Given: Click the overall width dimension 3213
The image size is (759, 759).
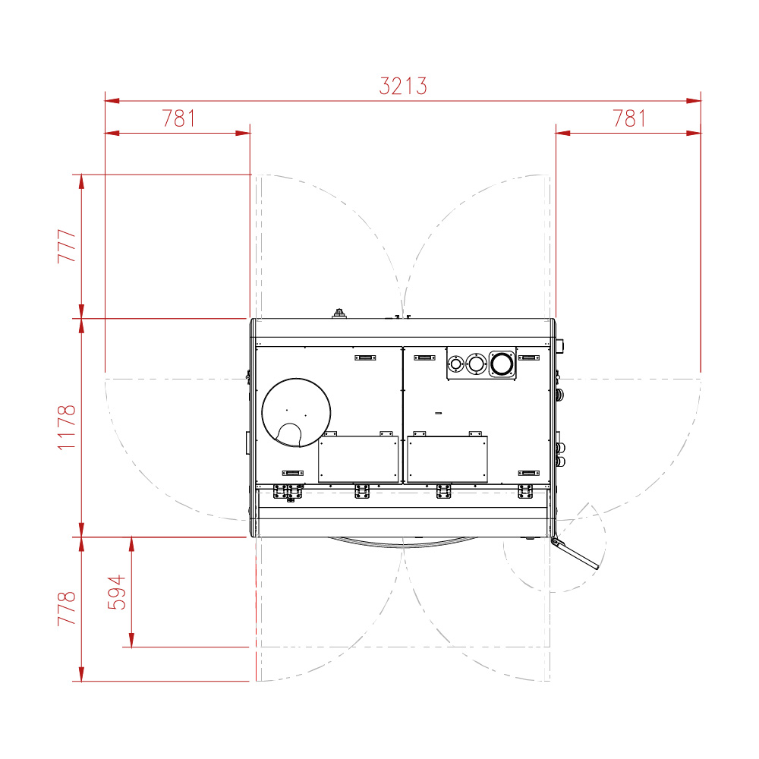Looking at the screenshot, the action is point(403,87).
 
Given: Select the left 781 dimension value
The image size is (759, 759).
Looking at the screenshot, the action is point(178,118).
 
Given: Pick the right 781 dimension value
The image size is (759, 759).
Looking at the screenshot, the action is point(629,118).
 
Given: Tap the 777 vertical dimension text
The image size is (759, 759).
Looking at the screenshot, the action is point(67,246).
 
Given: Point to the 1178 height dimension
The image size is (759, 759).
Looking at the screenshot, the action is point(67,427).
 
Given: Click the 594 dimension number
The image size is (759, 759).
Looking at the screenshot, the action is point(116,592).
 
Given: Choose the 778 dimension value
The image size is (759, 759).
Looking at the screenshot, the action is point(67,609).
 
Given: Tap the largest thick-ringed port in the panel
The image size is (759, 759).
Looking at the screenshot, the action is point(502,364).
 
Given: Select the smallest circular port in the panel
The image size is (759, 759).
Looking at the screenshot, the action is point(455,364).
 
